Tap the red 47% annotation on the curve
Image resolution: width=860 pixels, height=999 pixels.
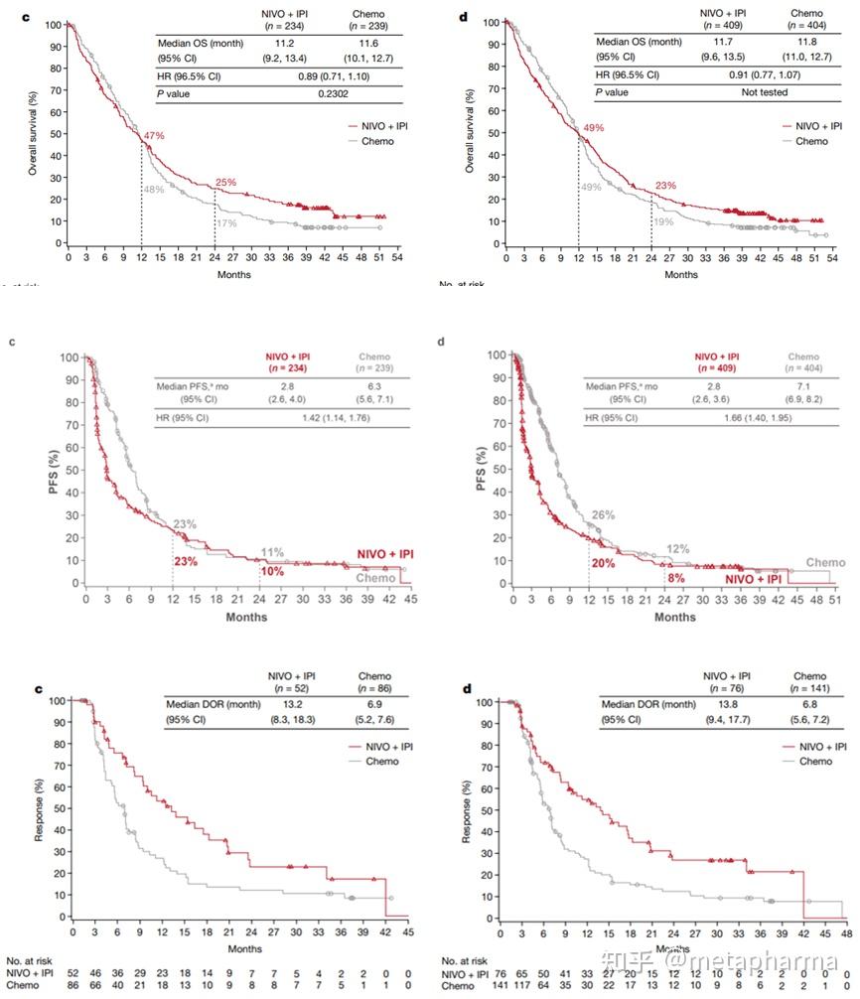click(155, 135)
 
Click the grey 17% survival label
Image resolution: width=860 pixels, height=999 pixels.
click(226, 223)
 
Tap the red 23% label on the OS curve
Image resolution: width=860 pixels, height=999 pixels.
click(664, 184)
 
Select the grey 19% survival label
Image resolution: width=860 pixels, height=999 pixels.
click(662, 221)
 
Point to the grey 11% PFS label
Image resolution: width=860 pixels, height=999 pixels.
click(272, 551)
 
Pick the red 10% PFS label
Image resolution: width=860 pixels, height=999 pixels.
click(272, 572)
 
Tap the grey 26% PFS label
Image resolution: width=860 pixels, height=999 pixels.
click(604, 514)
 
